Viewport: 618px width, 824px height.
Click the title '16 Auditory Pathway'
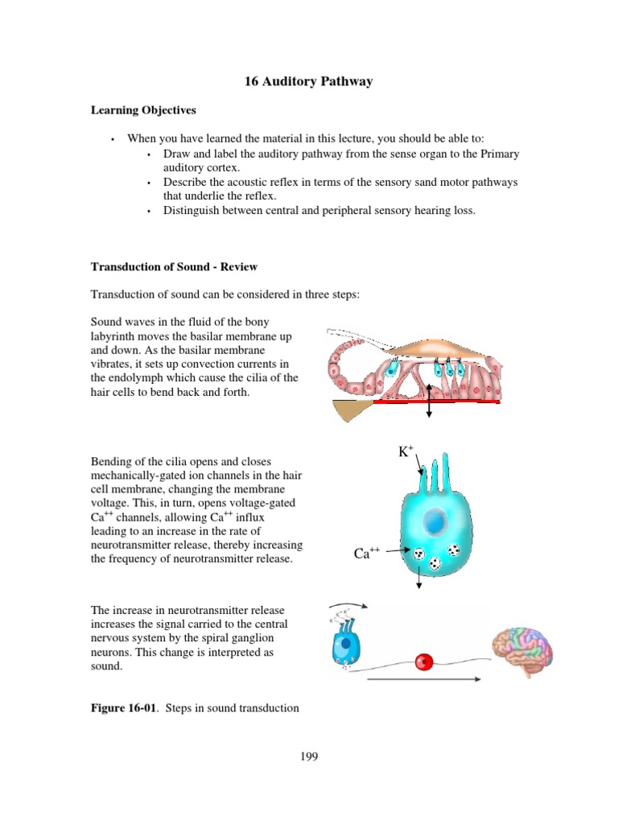(308, 81)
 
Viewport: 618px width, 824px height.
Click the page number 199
(309, 756)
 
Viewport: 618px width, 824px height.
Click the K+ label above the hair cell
(406, 452)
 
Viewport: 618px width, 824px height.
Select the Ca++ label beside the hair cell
(366, 554)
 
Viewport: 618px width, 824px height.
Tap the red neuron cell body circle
(423, 661)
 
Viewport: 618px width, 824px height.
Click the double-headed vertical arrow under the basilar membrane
(429, 400)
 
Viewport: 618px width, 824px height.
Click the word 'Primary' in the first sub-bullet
(499, 153)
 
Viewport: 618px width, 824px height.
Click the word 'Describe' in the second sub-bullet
(186, 182)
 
